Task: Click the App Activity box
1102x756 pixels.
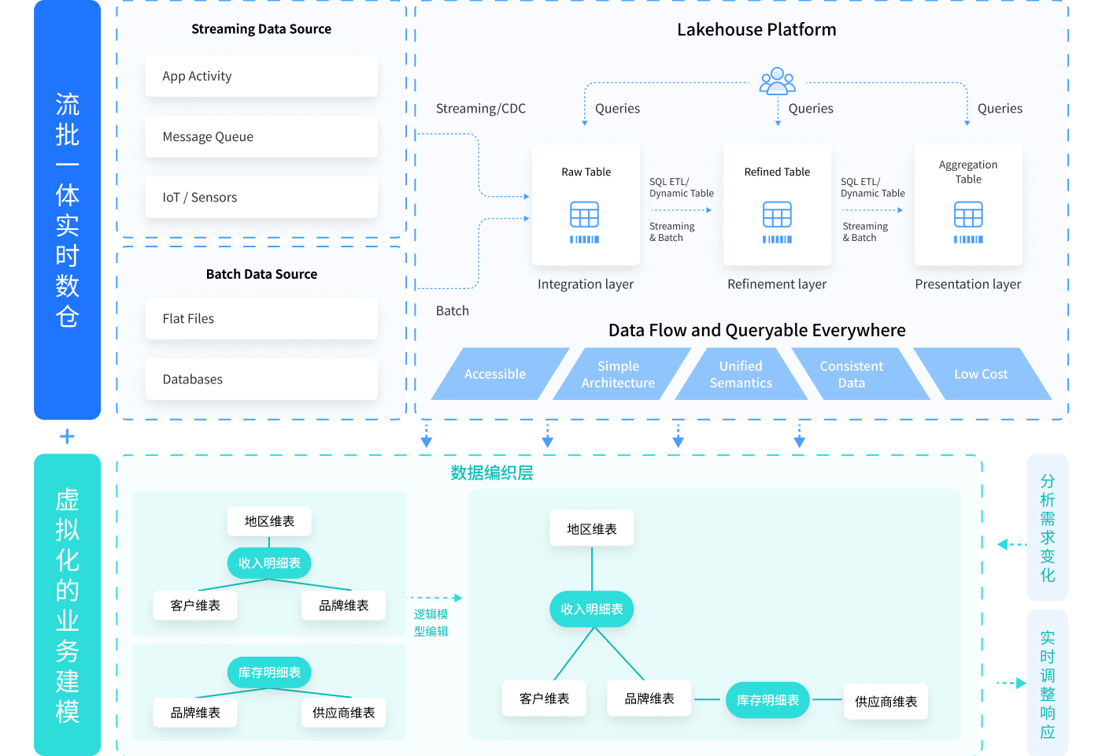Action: point(261,76)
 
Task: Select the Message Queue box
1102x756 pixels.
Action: point(261,137)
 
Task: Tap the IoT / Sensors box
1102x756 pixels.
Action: point(261,198)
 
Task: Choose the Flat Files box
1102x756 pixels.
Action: point(261,319)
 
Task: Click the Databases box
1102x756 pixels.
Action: point(261,380)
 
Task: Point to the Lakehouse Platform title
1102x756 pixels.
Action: point(756,30)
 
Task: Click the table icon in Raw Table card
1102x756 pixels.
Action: point(585,215)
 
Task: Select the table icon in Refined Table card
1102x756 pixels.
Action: point(777,215)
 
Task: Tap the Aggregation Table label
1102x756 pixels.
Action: point(968,172)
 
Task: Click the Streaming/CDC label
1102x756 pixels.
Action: point(481,109)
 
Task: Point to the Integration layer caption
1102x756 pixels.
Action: point(586,284)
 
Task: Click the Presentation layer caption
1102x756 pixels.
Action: point(968,284)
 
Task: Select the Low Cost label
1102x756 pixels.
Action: point(981,374)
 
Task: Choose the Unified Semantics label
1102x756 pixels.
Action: point(741,374)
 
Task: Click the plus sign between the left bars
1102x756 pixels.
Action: point(68,436)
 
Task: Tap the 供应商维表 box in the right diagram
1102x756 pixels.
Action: point(886,702)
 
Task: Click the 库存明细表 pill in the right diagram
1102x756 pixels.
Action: point(767,700)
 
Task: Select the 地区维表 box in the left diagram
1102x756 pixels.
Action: point(269,521)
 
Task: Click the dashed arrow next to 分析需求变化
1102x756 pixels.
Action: point(1011,544)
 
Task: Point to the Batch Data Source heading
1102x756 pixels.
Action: point(261,274)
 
